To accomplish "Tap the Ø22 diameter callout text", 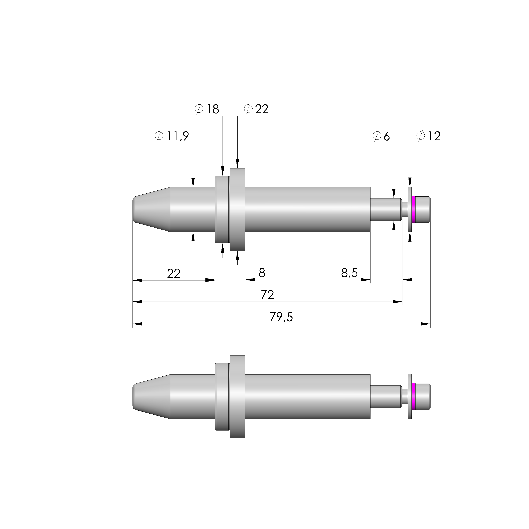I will (x=256, y=109).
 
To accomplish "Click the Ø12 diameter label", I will (x=429, y=136).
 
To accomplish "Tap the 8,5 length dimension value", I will (x=349, y=273).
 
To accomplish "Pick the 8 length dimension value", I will (x=262, y=273).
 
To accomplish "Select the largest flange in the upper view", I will (x=237, y=209).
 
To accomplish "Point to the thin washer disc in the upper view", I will (x=410, y=209).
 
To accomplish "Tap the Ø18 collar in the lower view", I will (x=222, y=396).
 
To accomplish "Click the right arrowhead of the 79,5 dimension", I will (x=426, y=324).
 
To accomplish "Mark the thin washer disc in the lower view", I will (x=410, y=396).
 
